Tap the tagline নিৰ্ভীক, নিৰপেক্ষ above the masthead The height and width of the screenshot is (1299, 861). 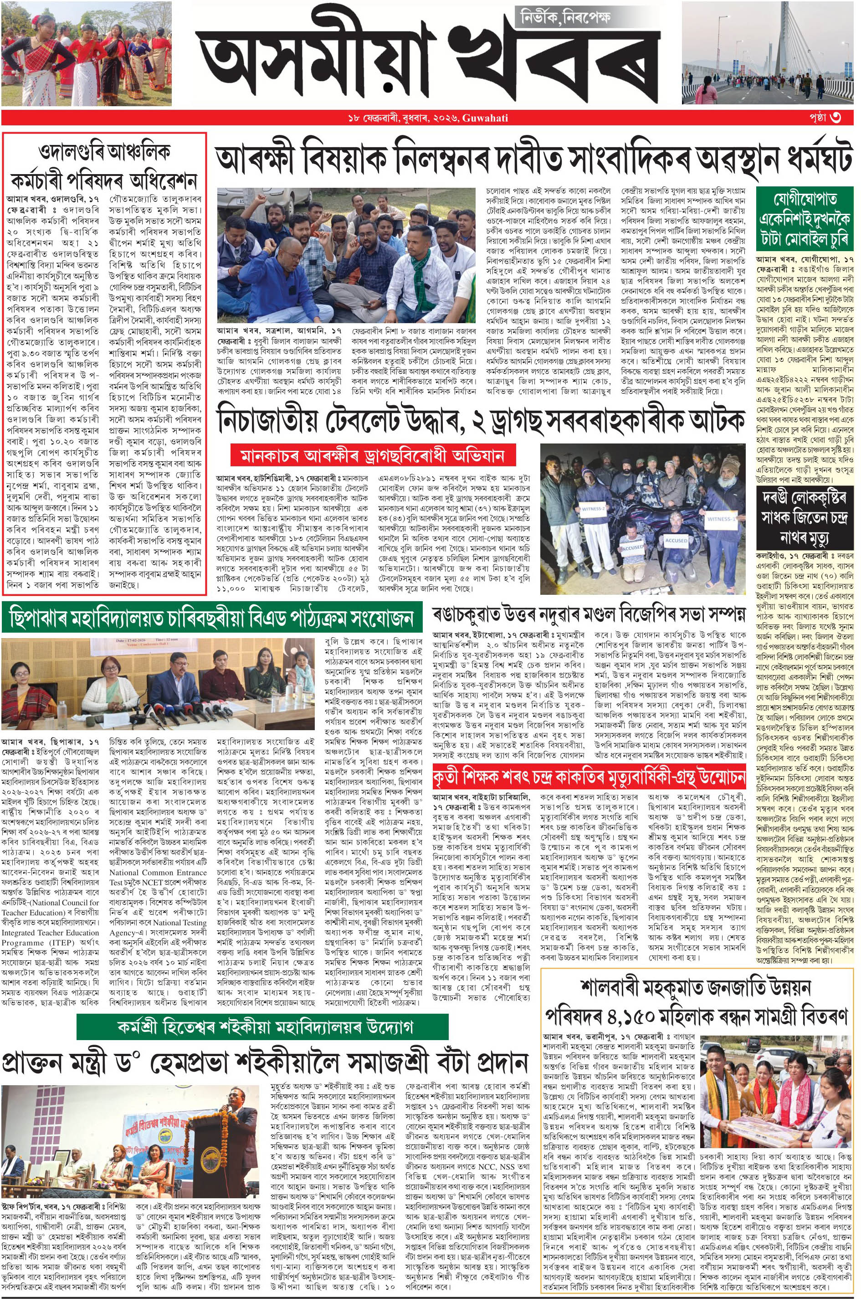click(x=566, y=18)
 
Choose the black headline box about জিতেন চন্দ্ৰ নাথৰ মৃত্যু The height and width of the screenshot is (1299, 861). click(x=805, y=516)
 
